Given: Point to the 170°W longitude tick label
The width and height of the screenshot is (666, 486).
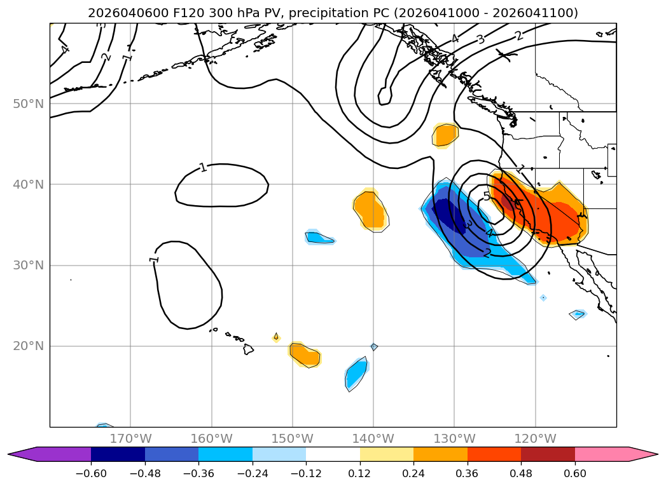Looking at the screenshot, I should click(x=130, y=438).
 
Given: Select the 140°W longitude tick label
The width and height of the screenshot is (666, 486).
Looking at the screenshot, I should click(x=373, y=438).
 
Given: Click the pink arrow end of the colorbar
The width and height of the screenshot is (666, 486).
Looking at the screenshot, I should click(x=642, y=454).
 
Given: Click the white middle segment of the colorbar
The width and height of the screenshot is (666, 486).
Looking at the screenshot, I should click(x=333, y=454).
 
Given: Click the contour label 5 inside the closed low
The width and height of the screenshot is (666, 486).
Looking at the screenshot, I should click(x=487, y=196).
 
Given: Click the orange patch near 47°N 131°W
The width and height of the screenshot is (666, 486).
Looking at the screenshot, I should click(x=445, y=135).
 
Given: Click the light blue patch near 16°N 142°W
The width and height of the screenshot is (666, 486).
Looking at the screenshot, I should click(x=356, y=375).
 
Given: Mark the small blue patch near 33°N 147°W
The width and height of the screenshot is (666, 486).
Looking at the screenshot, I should click(x=319, y=238).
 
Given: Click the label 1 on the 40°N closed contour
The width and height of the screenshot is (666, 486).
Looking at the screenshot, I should click(x=203, y=168).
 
